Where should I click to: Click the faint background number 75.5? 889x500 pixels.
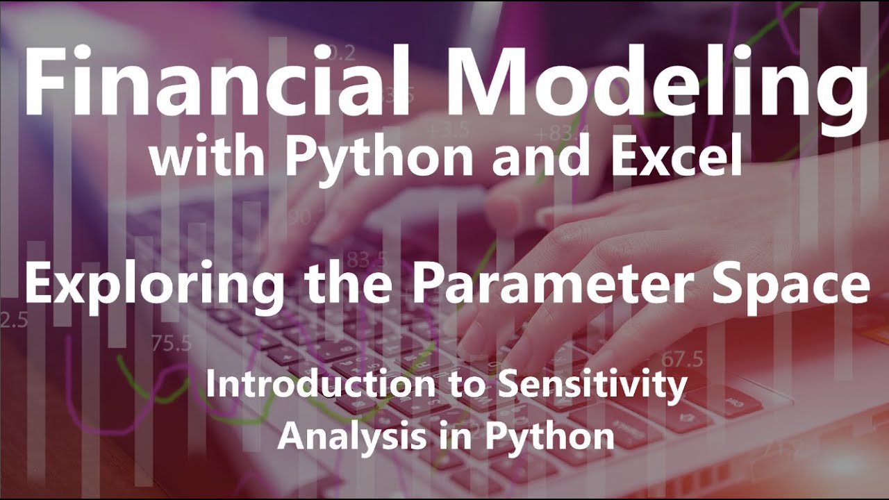pyautogui.click(x=172, y=343)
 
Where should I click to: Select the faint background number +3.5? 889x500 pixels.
pyautogui.click(x=449, y=130)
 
